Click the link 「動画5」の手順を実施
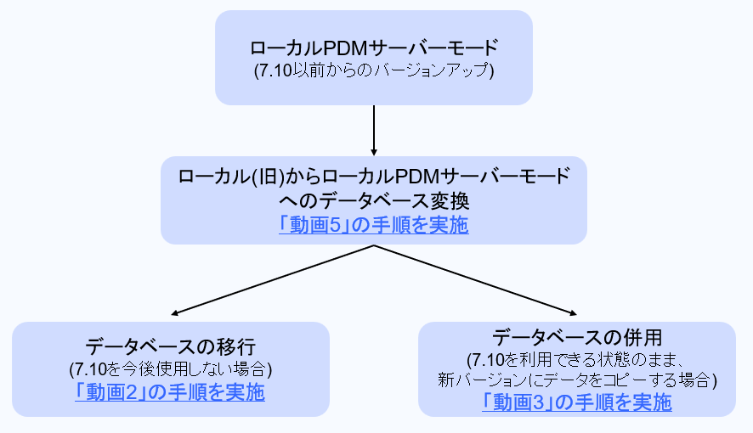click(373, 226)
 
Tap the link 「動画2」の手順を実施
click(169, 392)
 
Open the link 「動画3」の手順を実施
click(576, 402)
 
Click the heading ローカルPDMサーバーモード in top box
click(374, 48)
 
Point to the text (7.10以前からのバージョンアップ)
click(374, 70)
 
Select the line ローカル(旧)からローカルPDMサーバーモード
click(374, 177)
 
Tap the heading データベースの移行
click(170, 346)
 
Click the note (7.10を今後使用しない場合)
click(170, 369)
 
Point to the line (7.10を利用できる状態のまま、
click(577, 358)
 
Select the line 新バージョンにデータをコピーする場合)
click(577, 380)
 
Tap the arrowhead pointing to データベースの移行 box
click(178, 313)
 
